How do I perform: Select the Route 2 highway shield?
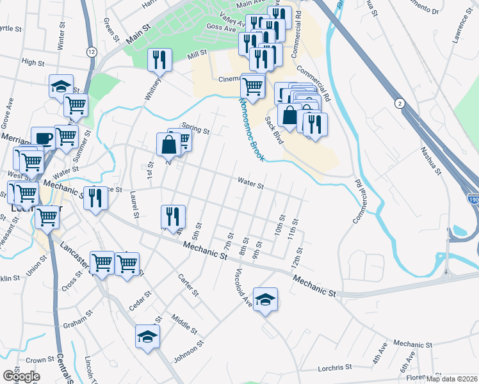point(400,102)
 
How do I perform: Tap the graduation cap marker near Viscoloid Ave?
point(265,299)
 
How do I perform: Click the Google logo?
point(20,376)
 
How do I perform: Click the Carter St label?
point(189,285)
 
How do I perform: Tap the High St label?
point(32,63)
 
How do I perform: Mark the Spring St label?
point(195,129)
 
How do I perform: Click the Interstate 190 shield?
point(472,200)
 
